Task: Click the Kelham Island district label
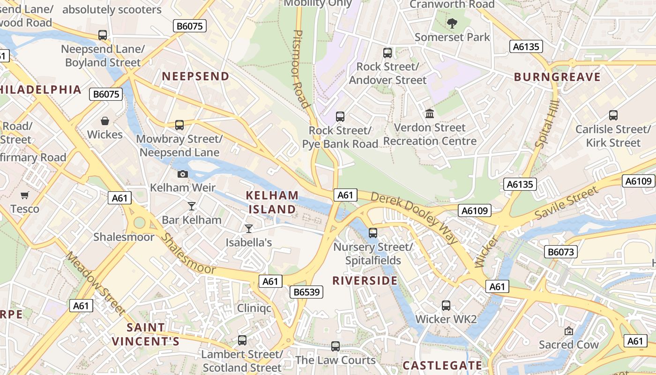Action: (272, 202)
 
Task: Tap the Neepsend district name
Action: (195, 76)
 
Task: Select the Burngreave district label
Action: (557, 77)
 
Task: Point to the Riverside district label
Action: (365, 281)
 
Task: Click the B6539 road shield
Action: (306, 292)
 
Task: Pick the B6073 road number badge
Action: (561, 252)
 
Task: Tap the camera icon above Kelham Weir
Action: (183, 174)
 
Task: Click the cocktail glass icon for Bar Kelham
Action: (191, 206)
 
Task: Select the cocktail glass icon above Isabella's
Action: (249, 228)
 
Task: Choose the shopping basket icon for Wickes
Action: (105, 121)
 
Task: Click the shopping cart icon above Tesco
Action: (24, 195)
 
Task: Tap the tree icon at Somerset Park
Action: (452, 23)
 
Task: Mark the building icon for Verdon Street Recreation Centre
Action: (429, 113)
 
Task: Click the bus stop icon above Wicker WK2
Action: (446, 306)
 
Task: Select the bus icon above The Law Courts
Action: (335, 346)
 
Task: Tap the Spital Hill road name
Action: (547, 125)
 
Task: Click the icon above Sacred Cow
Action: (569, 331)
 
